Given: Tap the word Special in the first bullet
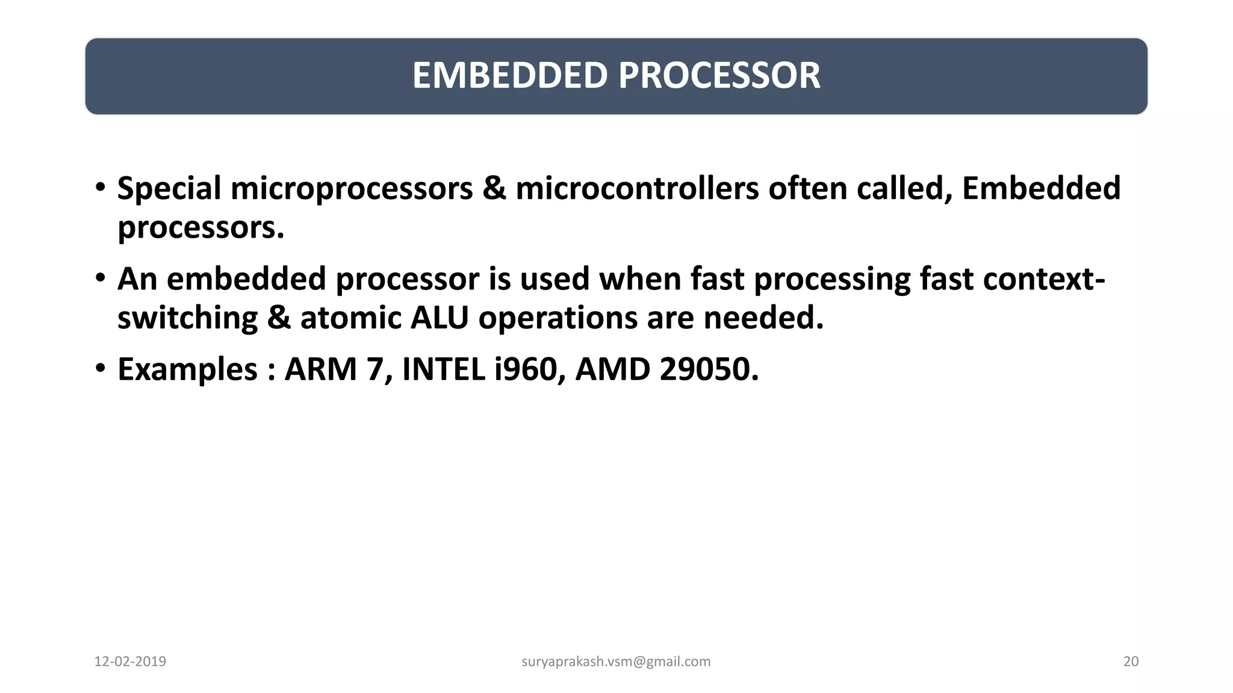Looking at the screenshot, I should click(169, 188).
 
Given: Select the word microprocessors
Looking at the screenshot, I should click(352, 188).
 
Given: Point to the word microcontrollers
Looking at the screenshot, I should click(637, 188).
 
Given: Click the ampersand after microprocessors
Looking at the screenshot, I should click(494, 188).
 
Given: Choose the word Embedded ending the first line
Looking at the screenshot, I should click(1041, 188).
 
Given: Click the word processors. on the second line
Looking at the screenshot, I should click(200, 227).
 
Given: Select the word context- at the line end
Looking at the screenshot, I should click(1044, 279).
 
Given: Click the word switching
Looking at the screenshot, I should click(187, 318).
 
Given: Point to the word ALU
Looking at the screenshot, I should click(439, 318).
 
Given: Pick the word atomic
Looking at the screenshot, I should click(350, 318).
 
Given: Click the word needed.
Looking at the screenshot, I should click(763, 318).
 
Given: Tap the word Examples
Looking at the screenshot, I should click(187, 369).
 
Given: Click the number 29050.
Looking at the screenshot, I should click(709, 369).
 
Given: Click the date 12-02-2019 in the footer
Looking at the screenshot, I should click(130, 662).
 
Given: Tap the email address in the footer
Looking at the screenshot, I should click(616, 662).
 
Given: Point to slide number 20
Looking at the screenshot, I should click(1131, 662).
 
